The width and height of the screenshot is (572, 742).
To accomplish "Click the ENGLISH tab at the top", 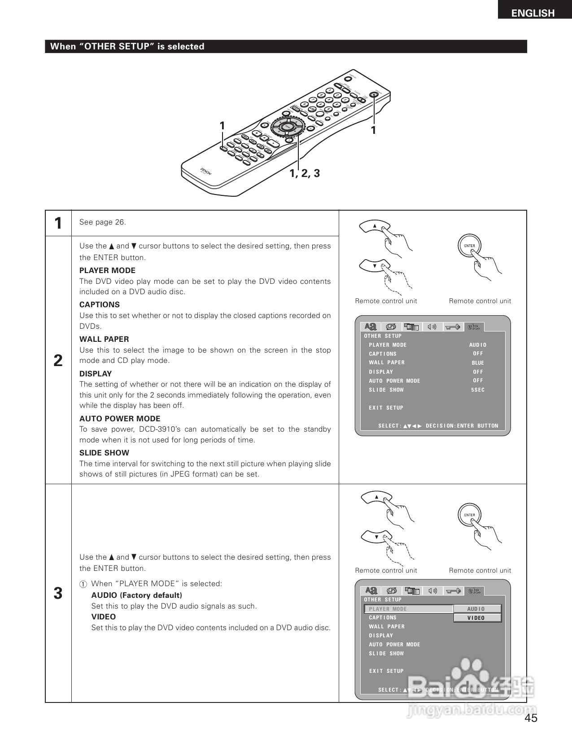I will pos(533,13).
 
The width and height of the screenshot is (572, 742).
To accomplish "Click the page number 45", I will pos(531,718).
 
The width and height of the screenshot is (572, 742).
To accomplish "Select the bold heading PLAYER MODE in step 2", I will pos(107,270).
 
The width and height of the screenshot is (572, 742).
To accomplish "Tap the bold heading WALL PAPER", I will pos(104,339).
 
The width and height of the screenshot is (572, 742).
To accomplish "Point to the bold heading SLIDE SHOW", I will pos(104,453).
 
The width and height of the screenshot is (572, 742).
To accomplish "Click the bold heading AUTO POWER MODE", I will pos(120,419).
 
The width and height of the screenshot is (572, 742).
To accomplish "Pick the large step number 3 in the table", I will pos(58,593).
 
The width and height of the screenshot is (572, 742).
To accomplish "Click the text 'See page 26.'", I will pos(103,222).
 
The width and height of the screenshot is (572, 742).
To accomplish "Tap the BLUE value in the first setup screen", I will pos(478,363).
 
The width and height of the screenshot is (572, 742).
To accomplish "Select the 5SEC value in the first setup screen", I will pos(478,390).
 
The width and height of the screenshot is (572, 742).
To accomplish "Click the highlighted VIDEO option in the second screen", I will pos(477,618).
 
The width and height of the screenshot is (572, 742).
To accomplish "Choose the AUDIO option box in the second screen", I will pos(477,609).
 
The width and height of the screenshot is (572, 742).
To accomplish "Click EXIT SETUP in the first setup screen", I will pos(386,408).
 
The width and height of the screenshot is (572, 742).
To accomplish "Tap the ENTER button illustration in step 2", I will pos(469,246).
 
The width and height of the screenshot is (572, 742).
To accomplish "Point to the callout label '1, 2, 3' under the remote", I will pos(305,173).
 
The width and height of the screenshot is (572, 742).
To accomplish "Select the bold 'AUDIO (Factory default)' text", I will pos(137,595).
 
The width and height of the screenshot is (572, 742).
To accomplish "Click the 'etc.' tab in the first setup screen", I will pos(473,327).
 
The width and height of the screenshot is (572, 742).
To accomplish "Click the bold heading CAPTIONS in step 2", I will pos(100,305).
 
